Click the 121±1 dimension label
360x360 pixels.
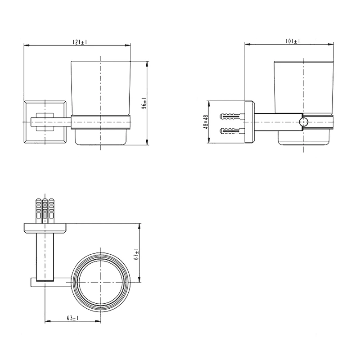tap(80, 42)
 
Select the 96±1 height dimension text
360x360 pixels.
tap(144, 103)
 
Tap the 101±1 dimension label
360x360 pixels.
tap(293, 41)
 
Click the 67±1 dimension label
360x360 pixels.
tap(137, 254)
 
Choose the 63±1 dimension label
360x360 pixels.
tap(73, 318)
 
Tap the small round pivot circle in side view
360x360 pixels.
tap(303, 122)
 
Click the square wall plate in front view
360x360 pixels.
tap(45, 122)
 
